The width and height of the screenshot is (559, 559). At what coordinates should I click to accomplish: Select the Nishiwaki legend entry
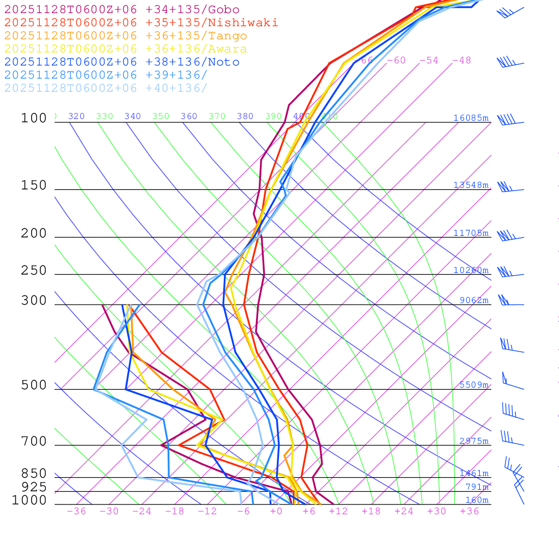pyautogui.click(x=141, y=23)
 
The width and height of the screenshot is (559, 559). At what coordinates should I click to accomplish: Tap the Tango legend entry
pyautogui.click(x=126, y=36)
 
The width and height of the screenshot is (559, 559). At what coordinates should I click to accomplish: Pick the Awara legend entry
pyautogui.click(x=126, y=49)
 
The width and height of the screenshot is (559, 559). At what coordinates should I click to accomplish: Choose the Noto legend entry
pyautogui.click(x=121, y=62)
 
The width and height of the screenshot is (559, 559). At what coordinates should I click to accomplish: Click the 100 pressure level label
pyautogui.click(x=34, y=118)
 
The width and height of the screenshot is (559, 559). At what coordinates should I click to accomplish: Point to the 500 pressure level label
pyautogui.click(x=34, y=386)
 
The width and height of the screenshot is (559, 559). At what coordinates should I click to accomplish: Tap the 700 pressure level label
pyautogui.click(x=34, y=442)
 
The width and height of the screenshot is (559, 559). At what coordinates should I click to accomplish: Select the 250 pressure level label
pyautogui.click(x=34, y=271)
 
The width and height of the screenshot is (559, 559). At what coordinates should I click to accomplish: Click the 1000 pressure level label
pyautogui.click(x=29, y=501)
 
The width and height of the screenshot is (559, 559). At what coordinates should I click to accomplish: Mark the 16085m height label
pyautogui.click(x=471, y=118)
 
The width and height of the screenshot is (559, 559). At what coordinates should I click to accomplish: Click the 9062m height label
pyautogui.click(x=474, y=300)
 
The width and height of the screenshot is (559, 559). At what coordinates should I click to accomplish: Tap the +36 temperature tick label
pyautogui.click(x=469, y=512)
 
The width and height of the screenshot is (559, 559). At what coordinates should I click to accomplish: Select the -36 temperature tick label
pyautogui.click(x=76, y=512)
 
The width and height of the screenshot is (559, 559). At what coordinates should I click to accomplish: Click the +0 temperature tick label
pyautogui.click(x=276, y=512)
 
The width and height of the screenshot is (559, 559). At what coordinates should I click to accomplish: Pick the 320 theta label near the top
pyautogui.click(x=76, y=116)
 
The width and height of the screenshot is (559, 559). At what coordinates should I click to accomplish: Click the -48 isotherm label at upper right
pyautogui.click(x=461, y=61)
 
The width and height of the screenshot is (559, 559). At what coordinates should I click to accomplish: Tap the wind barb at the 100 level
pyautogui.click(x=508, y=120)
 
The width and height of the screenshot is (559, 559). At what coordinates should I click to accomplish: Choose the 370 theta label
pyautogui.click(x=217, y=116)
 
